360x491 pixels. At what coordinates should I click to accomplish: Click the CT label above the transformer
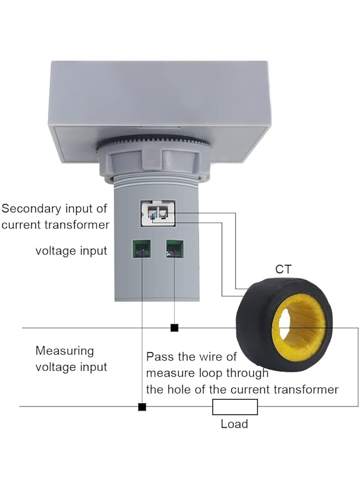283,269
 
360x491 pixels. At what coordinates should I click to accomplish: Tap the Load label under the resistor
234,424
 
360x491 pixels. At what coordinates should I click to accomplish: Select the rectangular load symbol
235,407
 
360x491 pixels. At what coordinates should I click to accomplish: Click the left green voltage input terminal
141,249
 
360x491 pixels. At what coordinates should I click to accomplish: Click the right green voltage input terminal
175,249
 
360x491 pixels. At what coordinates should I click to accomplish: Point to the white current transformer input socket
158,213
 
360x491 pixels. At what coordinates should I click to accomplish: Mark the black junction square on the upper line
175,328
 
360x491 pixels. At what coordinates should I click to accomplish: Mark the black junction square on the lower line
142,407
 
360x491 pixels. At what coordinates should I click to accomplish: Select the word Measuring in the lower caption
64,351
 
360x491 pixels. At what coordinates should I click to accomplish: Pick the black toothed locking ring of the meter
152,142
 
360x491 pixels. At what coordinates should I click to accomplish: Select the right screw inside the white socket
163,213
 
